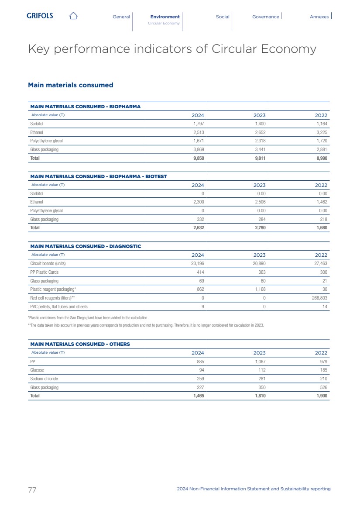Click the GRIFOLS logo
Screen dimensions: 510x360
pos(40,16)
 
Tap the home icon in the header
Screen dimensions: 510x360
pos(73,16)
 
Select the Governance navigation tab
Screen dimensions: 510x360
pos(265,17)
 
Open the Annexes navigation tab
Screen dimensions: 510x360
pos(319,17)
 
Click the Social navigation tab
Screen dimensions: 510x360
pos(223,17)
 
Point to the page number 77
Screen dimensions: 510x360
pos(32,489)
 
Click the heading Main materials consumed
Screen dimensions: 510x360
pos(70,85)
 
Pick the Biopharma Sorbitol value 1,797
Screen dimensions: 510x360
pos(198,124)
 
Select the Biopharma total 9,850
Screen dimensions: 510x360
pos(198,158)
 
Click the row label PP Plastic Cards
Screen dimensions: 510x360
pos(44,272)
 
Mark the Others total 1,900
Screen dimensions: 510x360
pos(321,396)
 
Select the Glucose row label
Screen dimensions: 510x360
pos(37,370)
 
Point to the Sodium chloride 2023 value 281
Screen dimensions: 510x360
pos(261,379)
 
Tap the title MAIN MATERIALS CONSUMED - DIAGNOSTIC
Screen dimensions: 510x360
pos(85,246)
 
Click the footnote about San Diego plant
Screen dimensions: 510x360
pos(88,317)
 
